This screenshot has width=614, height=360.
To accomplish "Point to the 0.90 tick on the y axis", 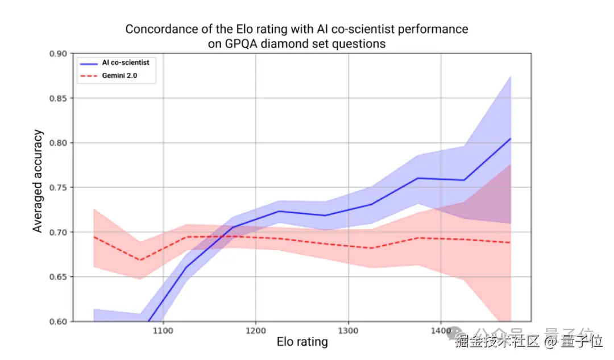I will [x=58, y=53].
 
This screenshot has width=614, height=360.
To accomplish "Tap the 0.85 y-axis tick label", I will [x=58, y=98].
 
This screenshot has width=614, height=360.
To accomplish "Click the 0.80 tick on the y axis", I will [x=58, y=143].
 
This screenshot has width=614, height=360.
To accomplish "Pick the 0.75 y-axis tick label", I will [x=58, y=188].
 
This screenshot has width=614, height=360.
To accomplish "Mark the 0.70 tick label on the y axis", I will [x=58, y=232].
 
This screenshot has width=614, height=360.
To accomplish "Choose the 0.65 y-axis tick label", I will [x=58, y=277].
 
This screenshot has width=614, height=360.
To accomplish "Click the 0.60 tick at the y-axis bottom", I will [x=58, y=321].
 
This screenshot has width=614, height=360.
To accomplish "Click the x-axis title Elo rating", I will [x=302, y=342].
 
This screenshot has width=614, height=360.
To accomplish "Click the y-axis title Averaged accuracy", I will [x=38, y=181].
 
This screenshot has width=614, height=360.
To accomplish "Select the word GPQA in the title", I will [x=240, y=43].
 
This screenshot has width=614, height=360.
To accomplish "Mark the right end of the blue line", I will [x=511, y=139].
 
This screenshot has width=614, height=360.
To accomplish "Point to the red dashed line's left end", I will [x=94, y=237].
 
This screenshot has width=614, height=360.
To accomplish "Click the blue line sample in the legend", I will [x=89, y=63].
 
